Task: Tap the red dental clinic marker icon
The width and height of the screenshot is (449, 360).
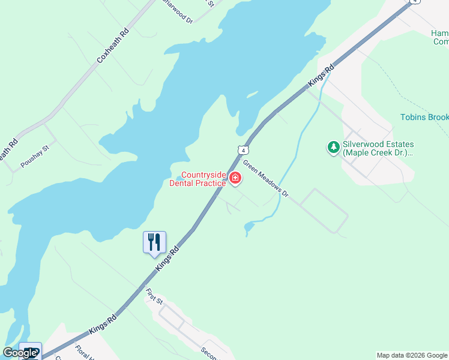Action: click(x=235, y=178)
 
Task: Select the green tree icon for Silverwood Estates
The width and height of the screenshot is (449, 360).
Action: click(x=333, y=146)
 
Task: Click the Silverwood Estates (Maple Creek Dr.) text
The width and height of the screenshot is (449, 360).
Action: click(x=378, y=149)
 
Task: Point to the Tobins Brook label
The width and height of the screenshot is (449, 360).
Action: click(x=424, y=117)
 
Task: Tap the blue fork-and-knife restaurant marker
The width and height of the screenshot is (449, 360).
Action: click(x=154, y=242)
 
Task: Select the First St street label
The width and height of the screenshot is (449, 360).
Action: click(x=154, y=296)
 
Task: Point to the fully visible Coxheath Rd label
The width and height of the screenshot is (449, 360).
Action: click(x=112, y=46)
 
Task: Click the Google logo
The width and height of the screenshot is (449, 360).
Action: click(x=20, y=353)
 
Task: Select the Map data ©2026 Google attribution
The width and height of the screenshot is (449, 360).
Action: click(x=412, y=355)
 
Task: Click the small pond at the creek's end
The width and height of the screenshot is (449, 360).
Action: click(x=250, y=227)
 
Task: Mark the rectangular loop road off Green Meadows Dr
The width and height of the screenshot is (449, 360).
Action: click(x=324, y=211)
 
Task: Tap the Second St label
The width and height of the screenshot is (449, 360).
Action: click(x=210, y=353)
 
